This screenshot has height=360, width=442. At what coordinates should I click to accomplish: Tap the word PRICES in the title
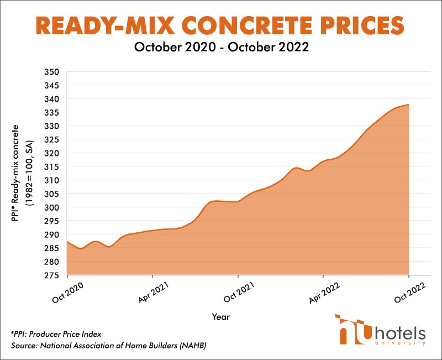(x=356, y=25)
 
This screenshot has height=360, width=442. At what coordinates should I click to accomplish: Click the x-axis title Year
(x=220, y=317)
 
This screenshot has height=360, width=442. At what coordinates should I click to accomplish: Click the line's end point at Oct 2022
(x=408, y=105)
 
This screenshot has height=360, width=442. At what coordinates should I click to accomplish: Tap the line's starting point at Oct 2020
(x=67, y=242)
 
